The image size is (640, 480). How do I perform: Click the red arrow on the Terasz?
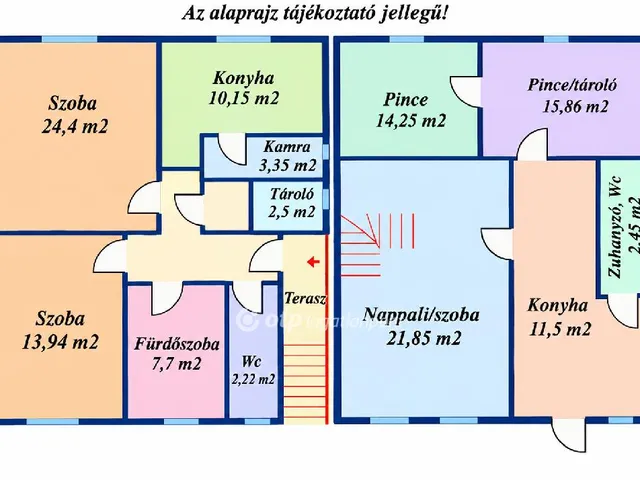click(313, 262)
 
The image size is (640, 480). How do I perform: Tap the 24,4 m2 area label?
click(75, 126)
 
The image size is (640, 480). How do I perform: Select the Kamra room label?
click(287, 146)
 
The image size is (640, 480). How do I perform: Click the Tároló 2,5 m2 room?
click(290, 206)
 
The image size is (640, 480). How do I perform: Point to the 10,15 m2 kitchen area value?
click(244, 98)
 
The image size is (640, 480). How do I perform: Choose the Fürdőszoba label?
click(177, 344)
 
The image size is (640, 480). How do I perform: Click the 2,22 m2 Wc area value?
click(253, 380)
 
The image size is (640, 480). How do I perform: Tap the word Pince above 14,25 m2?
click(406, 100)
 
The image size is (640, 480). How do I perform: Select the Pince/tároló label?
click(572, 85)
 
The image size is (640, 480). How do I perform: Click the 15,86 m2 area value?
click(575, 106)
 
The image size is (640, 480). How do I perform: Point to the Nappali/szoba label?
click(421, 315)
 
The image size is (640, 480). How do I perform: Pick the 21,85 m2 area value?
click(424, 338)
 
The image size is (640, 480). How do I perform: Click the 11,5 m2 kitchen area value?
click(560, 329)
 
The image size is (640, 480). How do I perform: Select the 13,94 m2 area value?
click(60, 342)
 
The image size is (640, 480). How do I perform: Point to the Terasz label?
click(305, 298)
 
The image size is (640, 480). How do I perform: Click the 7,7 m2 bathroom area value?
click(176, 363)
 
